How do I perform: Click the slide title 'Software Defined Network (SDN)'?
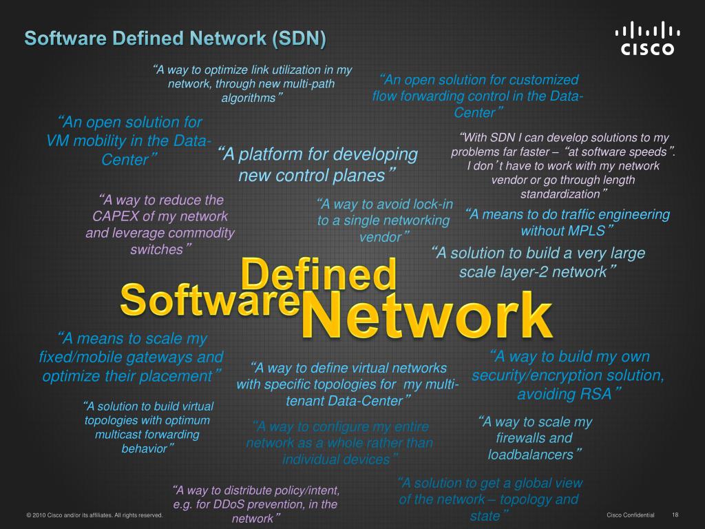[176, 38]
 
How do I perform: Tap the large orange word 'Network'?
[427, 315]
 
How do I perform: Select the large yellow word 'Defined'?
[319, 274]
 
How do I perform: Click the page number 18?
[675, 515]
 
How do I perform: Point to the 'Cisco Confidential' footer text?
[631, 515]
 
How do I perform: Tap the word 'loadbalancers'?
[530, 455]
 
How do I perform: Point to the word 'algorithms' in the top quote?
[248, 98]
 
